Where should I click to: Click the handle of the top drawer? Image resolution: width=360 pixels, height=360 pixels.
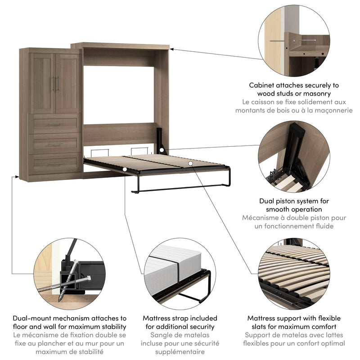pos(54,124)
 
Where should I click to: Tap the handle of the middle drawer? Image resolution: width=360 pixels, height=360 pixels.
pos(55,144)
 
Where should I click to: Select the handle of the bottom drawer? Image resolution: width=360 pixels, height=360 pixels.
pos(55,164)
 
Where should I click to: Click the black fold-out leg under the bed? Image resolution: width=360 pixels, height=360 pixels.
pos(180,188)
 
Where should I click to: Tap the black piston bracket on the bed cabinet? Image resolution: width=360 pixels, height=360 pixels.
pos(160,139)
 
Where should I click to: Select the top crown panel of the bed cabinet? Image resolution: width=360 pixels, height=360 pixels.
pos(120,46)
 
